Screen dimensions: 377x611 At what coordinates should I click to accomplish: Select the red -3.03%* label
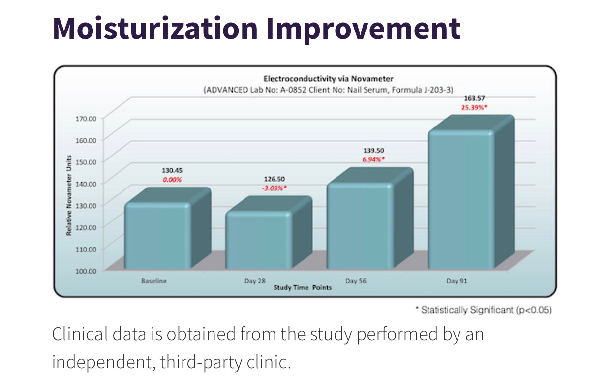click(x=274, y=188)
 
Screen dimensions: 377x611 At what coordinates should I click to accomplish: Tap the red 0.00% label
click(x=172, y=180)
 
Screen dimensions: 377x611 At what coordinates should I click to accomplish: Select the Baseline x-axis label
click(x=154, y=281)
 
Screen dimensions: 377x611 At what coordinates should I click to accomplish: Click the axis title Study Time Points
click(x=303, y=287)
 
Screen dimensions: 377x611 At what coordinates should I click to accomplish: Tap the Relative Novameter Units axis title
click(x=69, y=194)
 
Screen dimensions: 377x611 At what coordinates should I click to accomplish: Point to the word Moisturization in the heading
click(x=155, y=28)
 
